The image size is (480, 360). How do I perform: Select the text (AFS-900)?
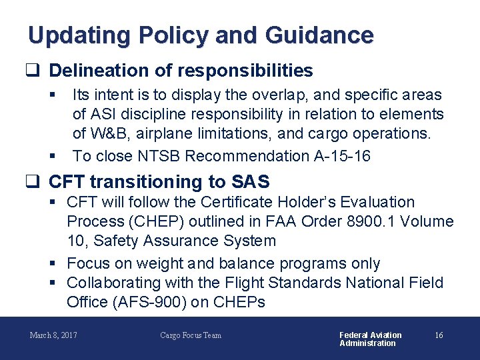point(153,302)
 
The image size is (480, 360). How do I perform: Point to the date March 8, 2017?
point(53,335)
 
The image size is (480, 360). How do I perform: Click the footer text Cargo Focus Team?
point(191,335)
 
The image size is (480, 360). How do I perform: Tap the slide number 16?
point(439,335)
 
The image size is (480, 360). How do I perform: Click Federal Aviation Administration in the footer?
point(370,339)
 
